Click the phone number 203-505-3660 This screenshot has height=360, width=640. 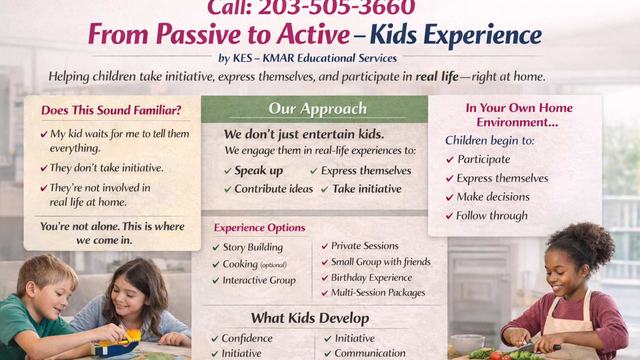(337, 7)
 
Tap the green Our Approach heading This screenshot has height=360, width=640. (318, 109)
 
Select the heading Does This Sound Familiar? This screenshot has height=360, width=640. (111, 110)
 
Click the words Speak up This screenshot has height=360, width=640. (259, 171)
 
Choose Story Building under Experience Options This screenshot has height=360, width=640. (253, 247)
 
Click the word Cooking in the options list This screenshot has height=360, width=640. (240, 264)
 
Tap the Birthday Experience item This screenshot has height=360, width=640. (371, 278)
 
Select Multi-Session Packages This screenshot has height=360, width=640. (378, 293)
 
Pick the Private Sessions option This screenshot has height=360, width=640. (365, 246)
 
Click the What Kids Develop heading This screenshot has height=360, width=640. (310, 318)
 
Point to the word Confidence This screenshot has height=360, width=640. (247, 338)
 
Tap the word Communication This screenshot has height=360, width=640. (370, 353)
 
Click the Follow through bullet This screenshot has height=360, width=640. (492, 216)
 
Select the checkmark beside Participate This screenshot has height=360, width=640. (450, 160)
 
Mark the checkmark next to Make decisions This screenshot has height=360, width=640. (450, 198)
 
